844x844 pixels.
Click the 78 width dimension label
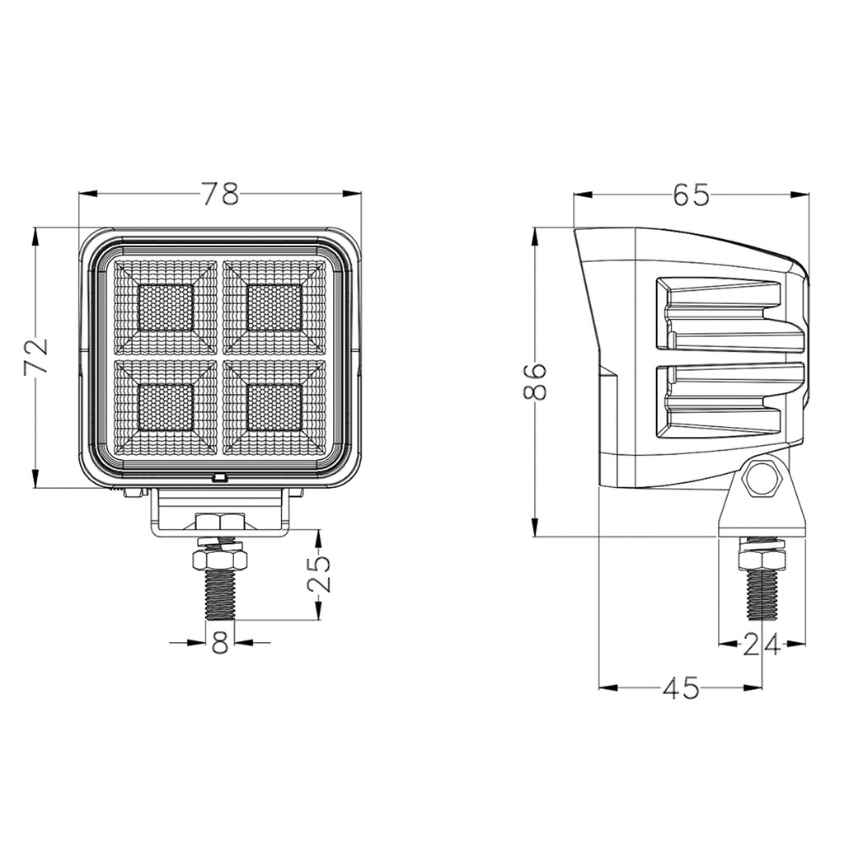[x=219, y=194]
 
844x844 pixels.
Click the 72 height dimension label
[x=36, y=356]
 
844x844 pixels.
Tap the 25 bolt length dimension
[x=318, y=574]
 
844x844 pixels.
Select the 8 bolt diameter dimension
[x=221, y=641]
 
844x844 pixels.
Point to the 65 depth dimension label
[x=692, y=194]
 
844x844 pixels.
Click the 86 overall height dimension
[x=535, y=382]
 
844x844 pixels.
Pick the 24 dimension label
[x=761, y=645]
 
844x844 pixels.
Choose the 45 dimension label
[x=681, y=687]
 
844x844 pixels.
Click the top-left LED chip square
[x=165, y=307]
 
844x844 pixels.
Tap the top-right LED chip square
[x=274, y=307]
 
